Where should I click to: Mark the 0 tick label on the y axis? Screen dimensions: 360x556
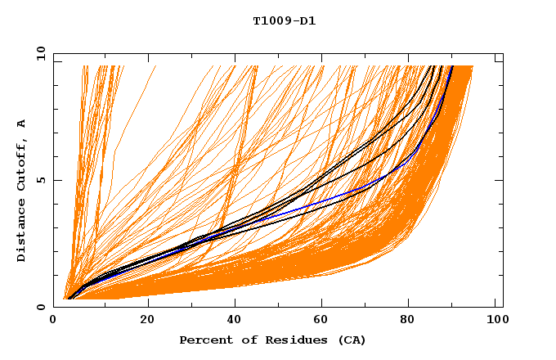pos(41,307)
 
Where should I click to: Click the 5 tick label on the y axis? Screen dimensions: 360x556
pos(41,181)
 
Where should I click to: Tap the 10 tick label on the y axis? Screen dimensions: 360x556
pos(38,54)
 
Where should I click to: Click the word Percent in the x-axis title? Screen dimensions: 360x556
pos(204,340)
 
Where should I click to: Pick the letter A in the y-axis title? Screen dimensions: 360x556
pos(21,124)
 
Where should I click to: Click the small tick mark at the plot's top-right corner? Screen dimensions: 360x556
pos(499,61)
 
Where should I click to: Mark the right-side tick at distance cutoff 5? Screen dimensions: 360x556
pos(499,181)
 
